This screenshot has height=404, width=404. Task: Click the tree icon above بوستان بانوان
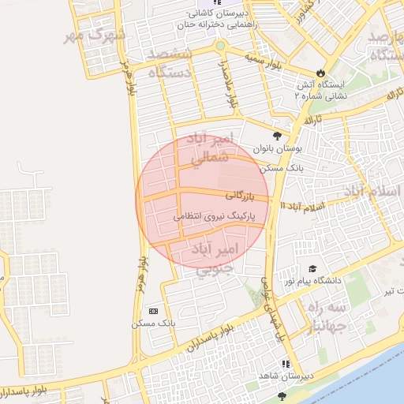click(x=276, y=134)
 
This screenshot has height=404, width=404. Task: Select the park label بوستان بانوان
click(x=275, y=148)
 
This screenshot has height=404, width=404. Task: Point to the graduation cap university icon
click(x=312, y=268)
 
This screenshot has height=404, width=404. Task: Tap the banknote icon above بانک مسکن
click(x=153, y=310)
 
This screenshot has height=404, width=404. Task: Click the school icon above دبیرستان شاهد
click(x=286, y=364)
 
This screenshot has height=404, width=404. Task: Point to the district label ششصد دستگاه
click(x=164, y=64)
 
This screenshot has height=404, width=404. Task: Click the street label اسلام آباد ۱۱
click(x=305, y=205)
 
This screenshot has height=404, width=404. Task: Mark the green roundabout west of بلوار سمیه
click(x=220, y=45)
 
